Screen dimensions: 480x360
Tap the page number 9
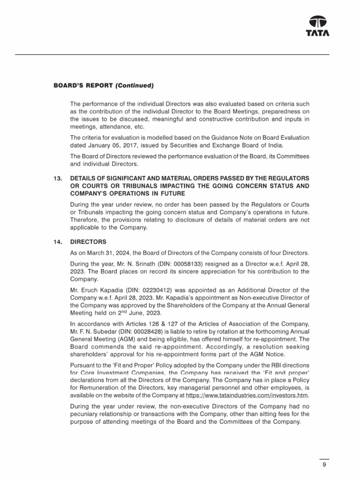(324, 465)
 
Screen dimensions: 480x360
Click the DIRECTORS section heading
(88, 242)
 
